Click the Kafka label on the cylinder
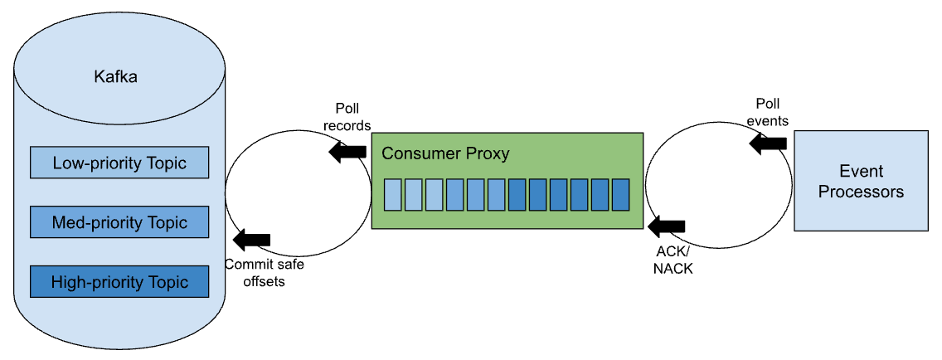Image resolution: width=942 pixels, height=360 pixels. pyautogui.click(x=115, y=78)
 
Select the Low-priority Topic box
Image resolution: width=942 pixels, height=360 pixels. pyautogui.click(x=119, y=163)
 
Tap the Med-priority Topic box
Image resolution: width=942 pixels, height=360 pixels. pyautogui.click(x=119, y=222)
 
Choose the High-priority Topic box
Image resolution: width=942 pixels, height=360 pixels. pyautogui.click(x=119, y=282)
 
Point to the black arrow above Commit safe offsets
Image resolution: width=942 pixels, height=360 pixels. pyautogui.click(x=252, y=240)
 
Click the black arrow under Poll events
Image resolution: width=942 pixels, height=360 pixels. pyautogui.click(x=768, y=143)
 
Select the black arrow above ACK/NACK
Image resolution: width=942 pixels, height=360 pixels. pyautogui.click(x=668, y=226)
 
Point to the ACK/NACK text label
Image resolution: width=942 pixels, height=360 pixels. pyautogui.click(x=673, y=260)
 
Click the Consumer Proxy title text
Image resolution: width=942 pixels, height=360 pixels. pyautogui.click(x=445, y=154)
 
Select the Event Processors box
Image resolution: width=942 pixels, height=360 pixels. pyautogui.click(x=861, y=181)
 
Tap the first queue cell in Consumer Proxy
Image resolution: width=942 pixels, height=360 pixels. pyautogui.click(x=393, y=194)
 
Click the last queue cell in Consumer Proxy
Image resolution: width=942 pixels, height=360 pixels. pyautogui.click(x=620, y=194)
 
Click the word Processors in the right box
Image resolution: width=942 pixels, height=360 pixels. pyautogui.click(x=861, y=192)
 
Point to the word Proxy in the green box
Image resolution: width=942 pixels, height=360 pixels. pyautogui.click(x=489, y=154)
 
